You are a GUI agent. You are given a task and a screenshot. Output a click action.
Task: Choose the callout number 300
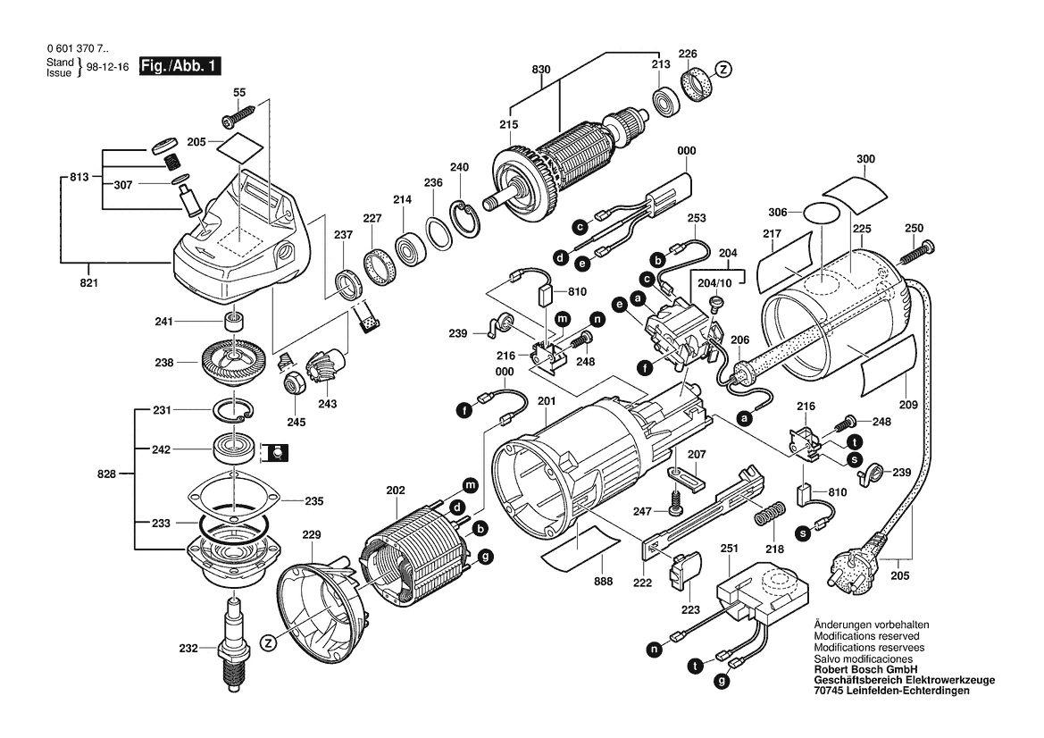[865, 160]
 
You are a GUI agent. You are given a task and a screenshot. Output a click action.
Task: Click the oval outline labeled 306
[823, 213]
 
